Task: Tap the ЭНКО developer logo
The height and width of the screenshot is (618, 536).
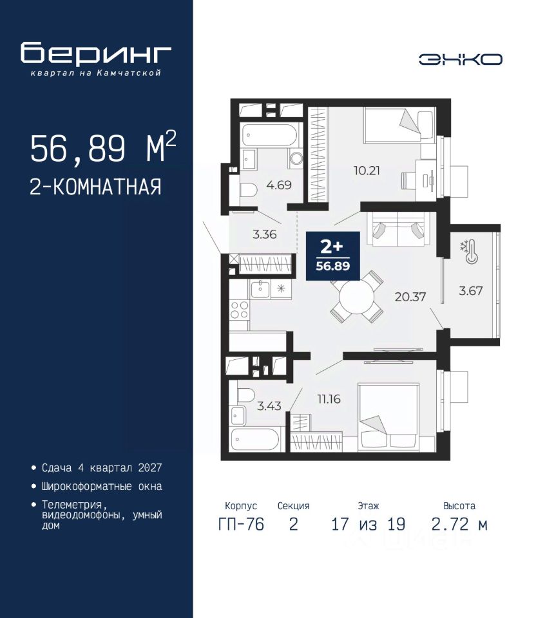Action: (x=460, y=59)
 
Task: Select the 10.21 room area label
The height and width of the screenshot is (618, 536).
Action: (x=367, y=171)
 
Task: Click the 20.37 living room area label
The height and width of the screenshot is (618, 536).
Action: (x=410, y=296)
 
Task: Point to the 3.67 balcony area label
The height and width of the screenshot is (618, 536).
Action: (x=470, y=291)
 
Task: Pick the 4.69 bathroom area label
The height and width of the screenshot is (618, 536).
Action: (x=278, y=185)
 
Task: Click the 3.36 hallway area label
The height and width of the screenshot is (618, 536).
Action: (x=264, y=234)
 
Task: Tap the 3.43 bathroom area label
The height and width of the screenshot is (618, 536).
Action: (x=269, y=406)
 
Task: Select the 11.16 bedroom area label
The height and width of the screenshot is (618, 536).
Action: (x=329, y=399)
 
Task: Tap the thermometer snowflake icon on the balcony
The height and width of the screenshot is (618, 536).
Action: (x=469, y=252)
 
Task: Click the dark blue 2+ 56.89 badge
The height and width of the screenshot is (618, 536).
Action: (x=333, y=256)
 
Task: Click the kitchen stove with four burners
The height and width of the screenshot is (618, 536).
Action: (x=240, y=310)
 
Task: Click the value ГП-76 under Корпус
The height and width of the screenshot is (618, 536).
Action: (x=241, y=524)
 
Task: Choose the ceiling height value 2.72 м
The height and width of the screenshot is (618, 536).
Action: (x=459, y=524)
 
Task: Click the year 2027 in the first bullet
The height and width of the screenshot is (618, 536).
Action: (x=150, y=468)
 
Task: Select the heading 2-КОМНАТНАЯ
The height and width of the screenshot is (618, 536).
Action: (x=95, y=187)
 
